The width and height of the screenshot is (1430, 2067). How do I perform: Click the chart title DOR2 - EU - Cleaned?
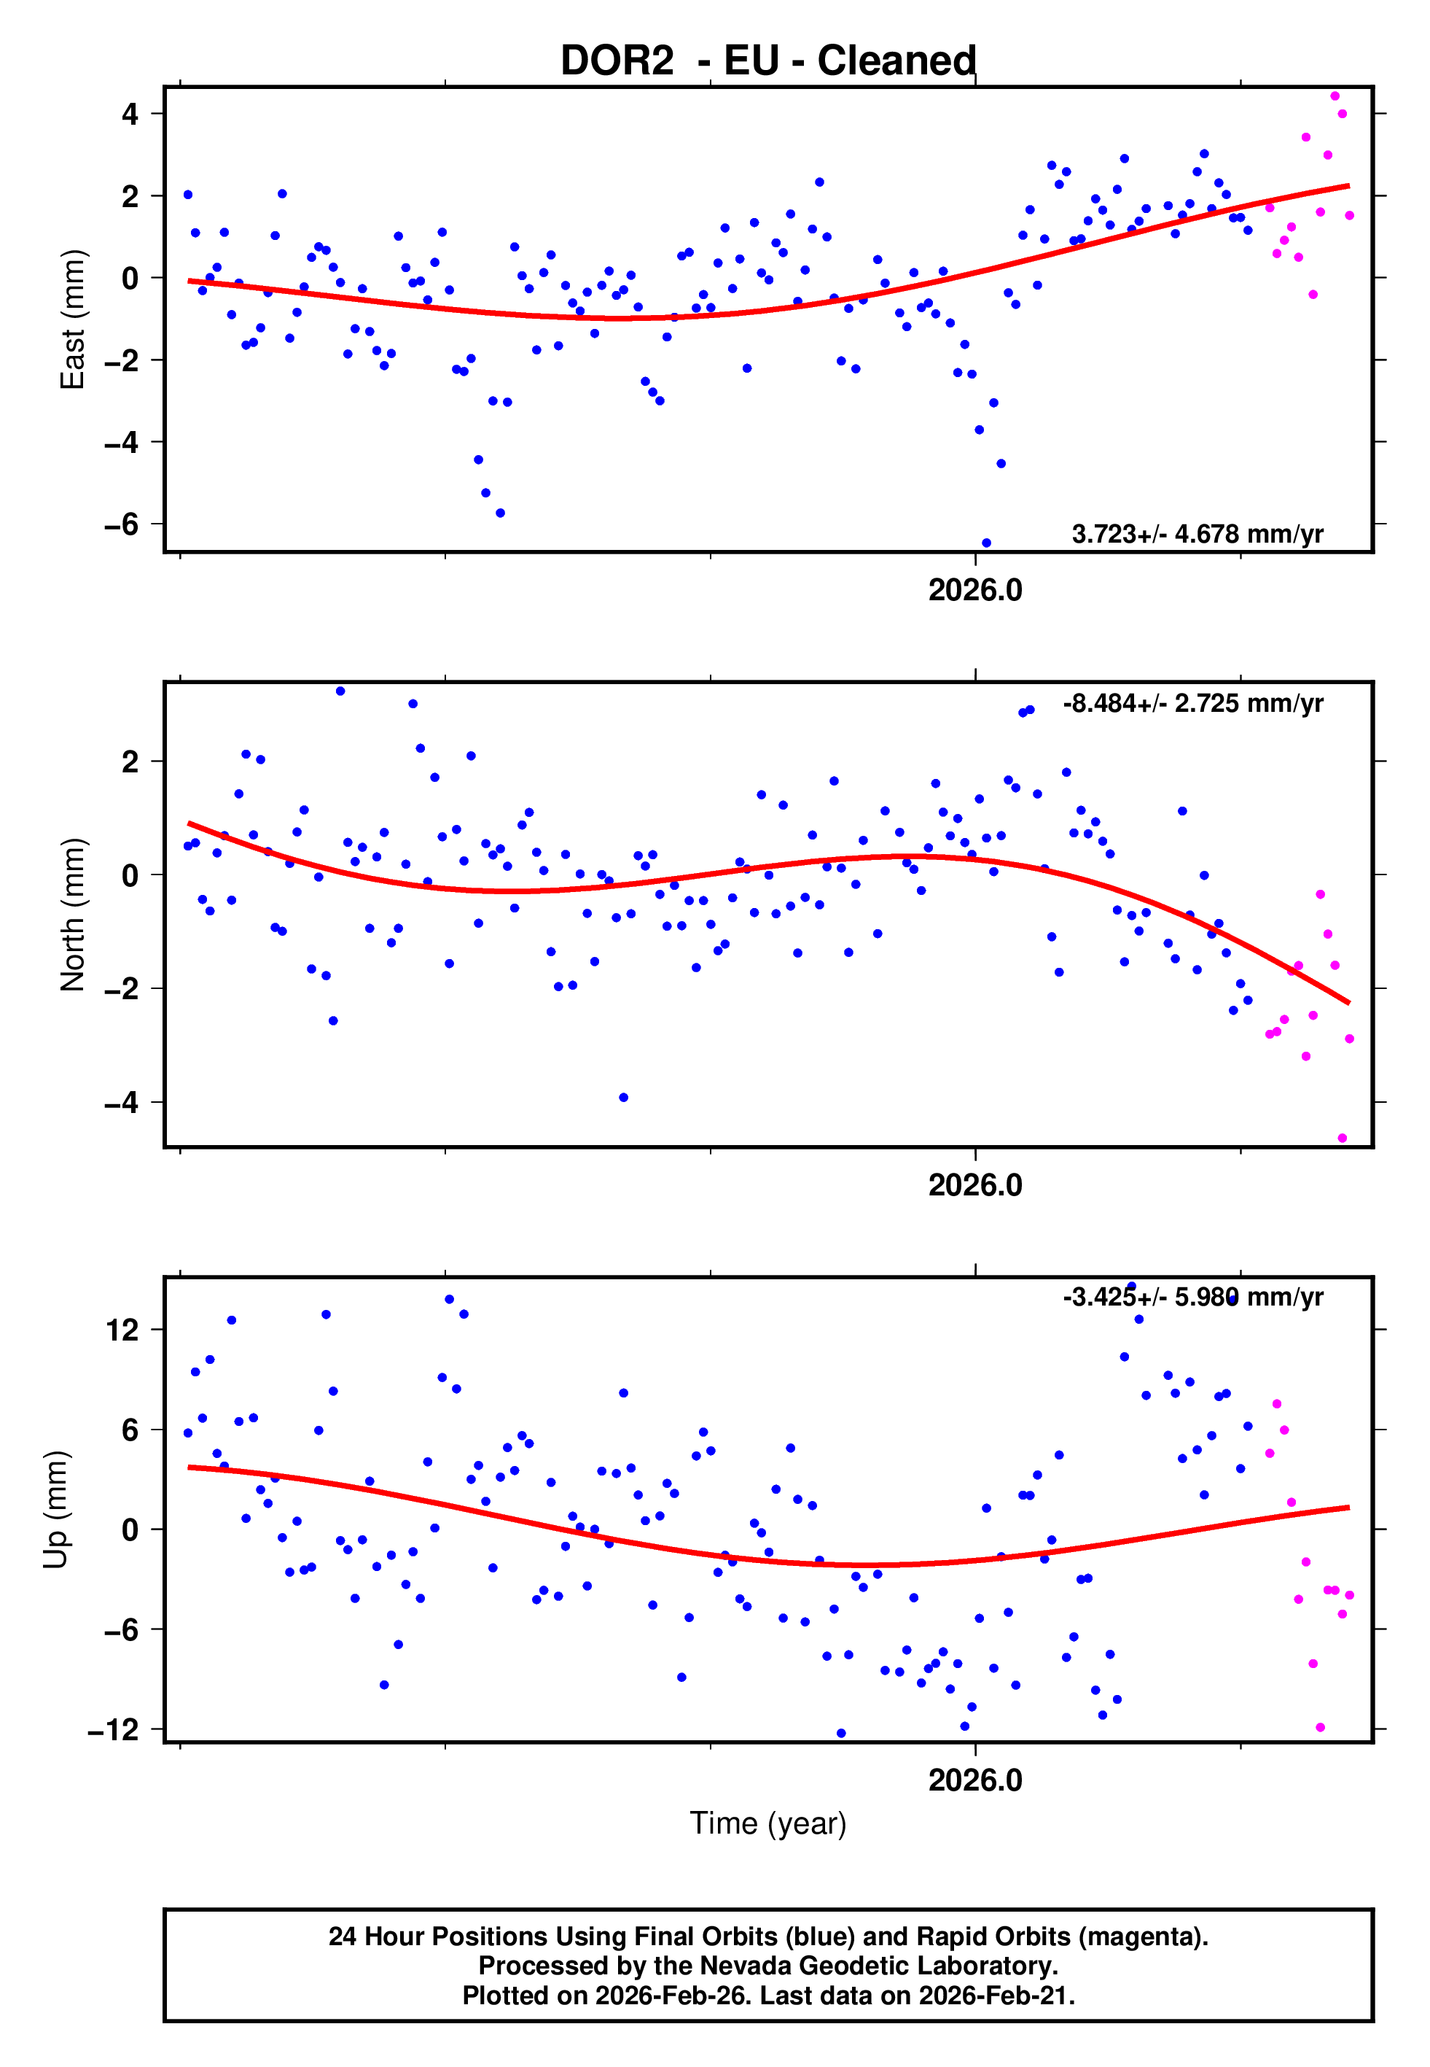(x=768, y=61)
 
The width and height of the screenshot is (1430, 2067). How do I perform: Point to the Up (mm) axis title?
(x=55, y=1510)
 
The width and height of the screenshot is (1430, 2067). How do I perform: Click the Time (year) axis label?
(x=768, y=1823)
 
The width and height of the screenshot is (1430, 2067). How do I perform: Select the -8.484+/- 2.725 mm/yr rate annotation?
(x=1192, y=704)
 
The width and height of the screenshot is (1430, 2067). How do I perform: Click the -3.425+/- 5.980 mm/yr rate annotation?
(x=1192, y=1297)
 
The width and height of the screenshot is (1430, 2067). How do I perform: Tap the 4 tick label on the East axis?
(x=130, y=114)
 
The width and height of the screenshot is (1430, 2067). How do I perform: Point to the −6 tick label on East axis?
(x=122, y=524)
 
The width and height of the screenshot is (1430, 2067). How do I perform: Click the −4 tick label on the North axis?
(x=122, y=1103)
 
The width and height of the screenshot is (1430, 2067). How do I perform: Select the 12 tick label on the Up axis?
(x=122, y=1330)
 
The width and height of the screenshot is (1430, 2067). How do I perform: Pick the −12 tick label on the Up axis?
(x=114, y=1730)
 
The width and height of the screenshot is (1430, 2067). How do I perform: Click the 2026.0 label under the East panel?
(x=975, y=591)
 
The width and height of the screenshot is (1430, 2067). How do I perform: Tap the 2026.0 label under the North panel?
(x=975, y=1186)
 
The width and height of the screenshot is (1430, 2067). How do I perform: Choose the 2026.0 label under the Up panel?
(x=975, y=1780)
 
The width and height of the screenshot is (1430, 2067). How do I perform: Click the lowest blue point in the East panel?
(x=986, y=543)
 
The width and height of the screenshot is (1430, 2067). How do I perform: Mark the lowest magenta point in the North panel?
(x=1343, y=1139)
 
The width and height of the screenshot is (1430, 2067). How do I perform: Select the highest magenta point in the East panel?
(x=1335, y=96)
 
